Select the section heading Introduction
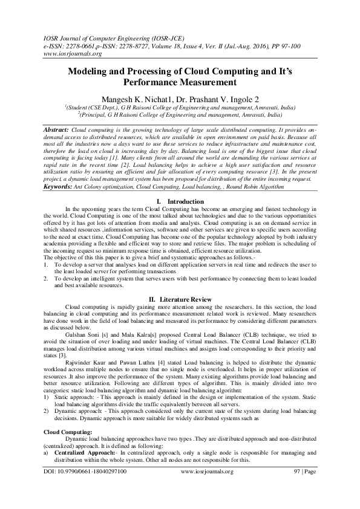[185, 201]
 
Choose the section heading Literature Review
[185, 300]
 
